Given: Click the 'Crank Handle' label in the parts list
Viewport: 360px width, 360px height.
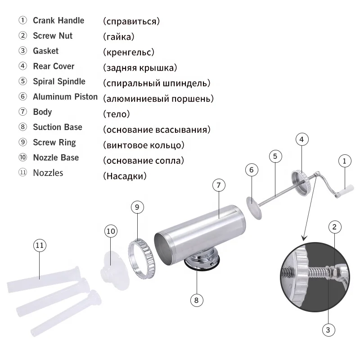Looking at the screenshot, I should click(58, 21).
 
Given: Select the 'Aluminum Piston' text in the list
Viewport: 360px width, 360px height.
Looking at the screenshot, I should click(65, 97).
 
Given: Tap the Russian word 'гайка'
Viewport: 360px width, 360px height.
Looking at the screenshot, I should click(118, 36).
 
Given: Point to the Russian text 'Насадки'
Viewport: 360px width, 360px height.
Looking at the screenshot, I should click(125, 176).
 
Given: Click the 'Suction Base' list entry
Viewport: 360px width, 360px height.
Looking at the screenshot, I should click(57, 127).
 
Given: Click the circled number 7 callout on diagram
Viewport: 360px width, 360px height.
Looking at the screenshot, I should click(218, 185).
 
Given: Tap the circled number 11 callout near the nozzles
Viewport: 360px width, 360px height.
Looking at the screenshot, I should click(40, 245).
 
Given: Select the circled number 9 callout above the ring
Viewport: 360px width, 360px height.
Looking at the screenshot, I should click(138, 207).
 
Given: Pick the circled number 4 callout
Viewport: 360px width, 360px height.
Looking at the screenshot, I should click(302, 139).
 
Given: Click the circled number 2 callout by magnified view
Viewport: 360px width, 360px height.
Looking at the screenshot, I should click(333, 227).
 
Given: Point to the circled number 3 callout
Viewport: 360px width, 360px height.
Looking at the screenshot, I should click(328, 330).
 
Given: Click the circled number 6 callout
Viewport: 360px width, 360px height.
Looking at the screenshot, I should click(252, 170).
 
